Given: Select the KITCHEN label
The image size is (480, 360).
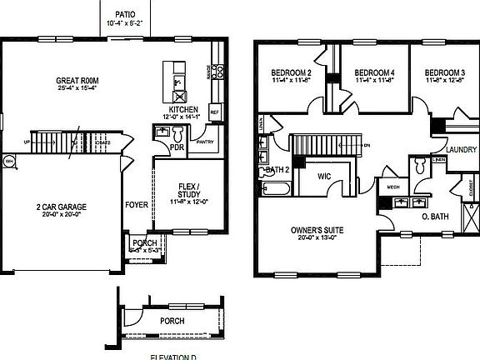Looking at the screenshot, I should [182, 109].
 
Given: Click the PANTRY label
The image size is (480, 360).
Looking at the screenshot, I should [205, 142].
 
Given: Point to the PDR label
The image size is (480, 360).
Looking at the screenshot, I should [176, 146].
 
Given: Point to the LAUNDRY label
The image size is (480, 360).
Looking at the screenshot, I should [461, 150].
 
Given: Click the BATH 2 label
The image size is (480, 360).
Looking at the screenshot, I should [277, 171].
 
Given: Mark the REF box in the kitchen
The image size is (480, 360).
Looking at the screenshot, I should [214, 111].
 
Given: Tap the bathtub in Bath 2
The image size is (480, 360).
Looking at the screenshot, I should [276, 190].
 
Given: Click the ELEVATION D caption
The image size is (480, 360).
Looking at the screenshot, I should [175, 357].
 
